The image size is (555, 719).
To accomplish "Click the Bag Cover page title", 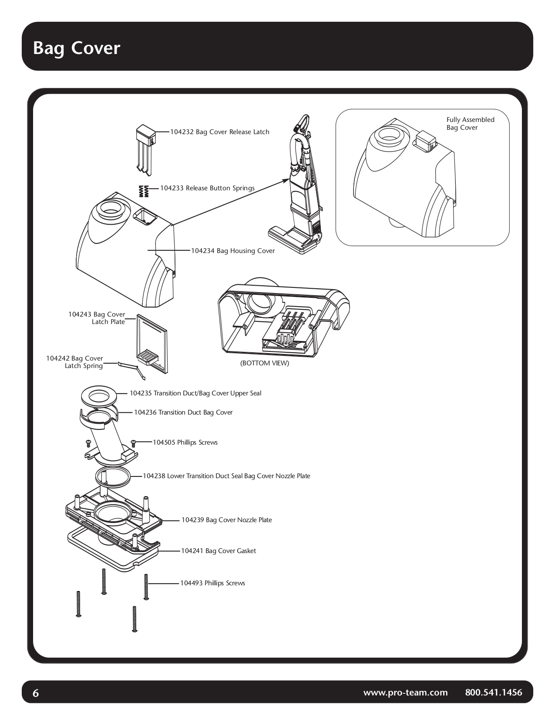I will tap(77, 48).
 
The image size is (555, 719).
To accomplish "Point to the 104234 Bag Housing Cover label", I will tap(233, 251).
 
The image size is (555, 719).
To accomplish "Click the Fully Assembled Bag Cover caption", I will tap(470, 124).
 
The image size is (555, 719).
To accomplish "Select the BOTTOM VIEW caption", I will tap(264, 363).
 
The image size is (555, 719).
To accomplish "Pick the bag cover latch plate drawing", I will tap(151, 344).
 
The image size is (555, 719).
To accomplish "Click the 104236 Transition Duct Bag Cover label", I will tap(183, 412).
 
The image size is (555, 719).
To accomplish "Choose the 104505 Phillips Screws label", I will tap(185, 442).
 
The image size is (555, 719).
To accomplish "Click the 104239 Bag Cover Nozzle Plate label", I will tap(226, 520).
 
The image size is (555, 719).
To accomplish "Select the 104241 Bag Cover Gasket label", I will tap(218, 551).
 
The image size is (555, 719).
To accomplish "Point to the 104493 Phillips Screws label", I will tap(212, 583).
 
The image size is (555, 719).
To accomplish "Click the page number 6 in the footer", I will tap(36, 693).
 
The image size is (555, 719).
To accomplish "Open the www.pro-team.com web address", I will tap(405, 692).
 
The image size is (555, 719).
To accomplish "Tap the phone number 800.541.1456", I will tap(493, 692).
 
